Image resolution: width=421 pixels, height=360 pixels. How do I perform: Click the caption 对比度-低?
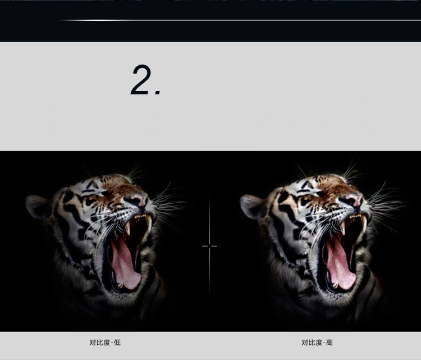click(105, 343)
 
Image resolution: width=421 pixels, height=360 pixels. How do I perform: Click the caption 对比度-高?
click(317, 343)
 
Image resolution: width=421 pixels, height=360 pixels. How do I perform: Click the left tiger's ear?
click(38, 206)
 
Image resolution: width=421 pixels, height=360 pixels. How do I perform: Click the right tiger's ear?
click(252, 206)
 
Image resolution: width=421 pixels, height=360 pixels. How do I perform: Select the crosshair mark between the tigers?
click(209, 246)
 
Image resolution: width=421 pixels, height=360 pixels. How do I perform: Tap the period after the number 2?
click(158, 93)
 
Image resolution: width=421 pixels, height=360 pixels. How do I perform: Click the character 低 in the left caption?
click(117, 343)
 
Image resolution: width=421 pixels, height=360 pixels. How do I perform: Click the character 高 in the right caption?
click(330, 343)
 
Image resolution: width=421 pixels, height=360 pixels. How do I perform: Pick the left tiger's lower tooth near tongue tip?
click(121, 285)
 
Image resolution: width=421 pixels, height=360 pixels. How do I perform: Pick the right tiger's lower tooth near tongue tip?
click(336, 285)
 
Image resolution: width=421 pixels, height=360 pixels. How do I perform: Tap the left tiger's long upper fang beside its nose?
click(149, 222)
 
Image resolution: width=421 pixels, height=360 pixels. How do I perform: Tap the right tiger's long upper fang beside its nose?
click(364, 222)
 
